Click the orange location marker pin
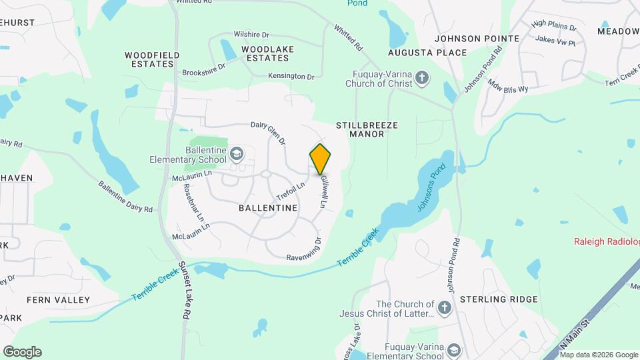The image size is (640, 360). [321, 159]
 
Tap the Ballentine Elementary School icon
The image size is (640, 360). [236, 155]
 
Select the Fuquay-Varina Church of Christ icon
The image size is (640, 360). [421, 79]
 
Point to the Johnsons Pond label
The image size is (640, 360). [430, 189]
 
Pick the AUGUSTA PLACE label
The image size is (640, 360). [419, 52]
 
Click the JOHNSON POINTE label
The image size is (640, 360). [477, 39]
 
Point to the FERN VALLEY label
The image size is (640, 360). [58, 300]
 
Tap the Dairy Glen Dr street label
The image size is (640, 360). [268, 133]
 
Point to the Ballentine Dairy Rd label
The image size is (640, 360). [125, 197]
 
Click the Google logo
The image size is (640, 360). [22, 351]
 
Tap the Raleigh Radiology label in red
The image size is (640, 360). [607, 241]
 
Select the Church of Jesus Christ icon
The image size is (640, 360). [445, 308]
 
